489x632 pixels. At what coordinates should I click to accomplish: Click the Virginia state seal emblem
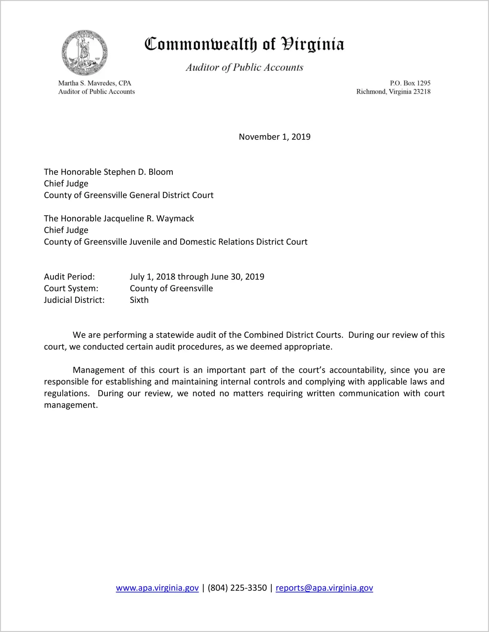pyautogui.click(x=84, y=53)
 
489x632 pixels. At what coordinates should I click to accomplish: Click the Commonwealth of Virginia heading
pyautogui.click(x=244, y=44)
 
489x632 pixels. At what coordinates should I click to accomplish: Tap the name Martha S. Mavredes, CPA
pyautogui.click(x=95, y=83)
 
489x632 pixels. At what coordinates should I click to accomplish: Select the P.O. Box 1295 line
pyautogui.click(x=410, y=83)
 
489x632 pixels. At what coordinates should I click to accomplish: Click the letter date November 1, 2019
pyautogui.click(x=274, y=137)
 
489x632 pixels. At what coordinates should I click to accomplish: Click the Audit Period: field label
pyautogui.click(x=69, y=277)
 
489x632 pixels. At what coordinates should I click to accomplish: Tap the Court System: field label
pyautogui.click(x=71, y=288)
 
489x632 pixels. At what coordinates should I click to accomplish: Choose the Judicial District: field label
pyautogui.click(x=74, y=300)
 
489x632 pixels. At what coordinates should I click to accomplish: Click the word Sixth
pyautogui.click(x=139, y=300)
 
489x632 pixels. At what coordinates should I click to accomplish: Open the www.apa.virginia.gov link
pyautogui.click(x=157, y=588)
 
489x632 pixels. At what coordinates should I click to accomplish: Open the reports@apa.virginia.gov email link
pyautogui.click(x=324, y=588)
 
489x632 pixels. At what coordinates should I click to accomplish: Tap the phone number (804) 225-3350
pyautogui.click(x=237, y=588)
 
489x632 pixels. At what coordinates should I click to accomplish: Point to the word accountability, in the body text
pyautogui.click(x=357, y=370)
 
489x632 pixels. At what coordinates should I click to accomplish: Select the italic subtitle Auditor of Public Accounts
pyautogui.click(x=244, y=67)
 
